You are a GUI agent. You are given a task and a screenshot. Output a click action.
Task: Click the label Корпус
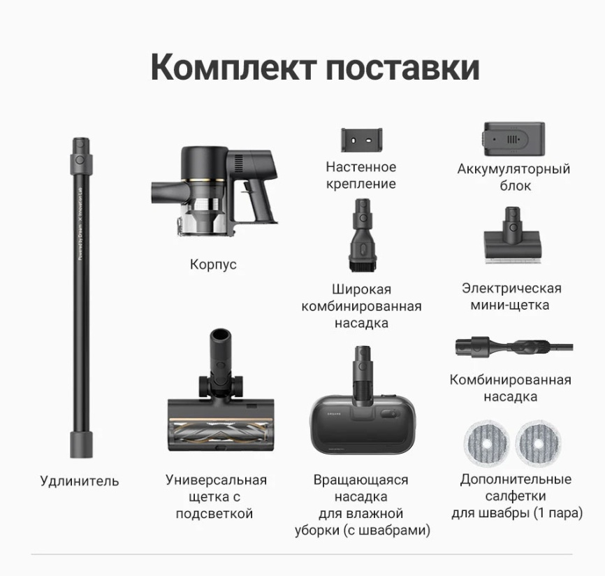tap(213, 265)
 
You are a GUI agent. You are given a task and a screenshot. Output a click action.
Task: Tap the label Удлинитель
tap(79, 481)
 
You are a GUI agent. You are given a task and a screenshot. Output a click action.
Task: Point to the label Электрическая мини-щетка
tap(511, 296)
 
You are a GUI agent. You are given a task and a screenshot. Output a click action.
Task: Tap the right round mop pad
tap(538, 442)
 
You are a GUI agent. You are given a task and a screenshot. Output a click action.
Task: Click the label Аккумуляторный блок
tap(513, 178)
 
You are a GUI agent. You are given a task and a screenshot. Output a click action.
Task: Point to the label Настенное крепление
tap(360, 175)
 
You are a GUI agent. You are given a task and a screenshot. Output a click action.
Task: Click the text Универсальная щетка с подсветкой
tap(216, 497)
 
